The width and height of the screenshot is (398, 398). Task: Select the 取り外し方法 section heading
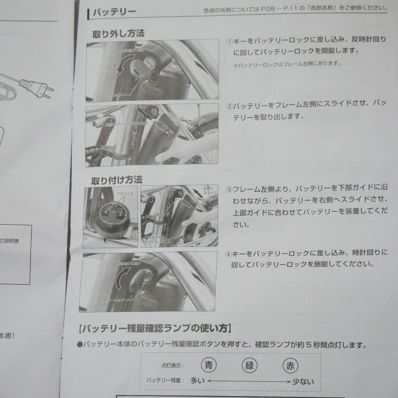click(x=118, y=33)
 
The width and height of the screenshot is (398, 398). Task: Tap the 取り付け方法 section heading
click(x=116, y=180)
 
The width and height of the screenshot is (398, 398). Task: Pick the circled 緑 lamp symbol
click(x=249, y=366)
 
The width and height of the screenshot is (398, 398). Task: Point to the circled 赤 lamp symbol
click(x=290, y=366)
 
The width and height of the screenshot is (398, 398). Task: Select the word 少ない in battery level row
click(x=303, y=381)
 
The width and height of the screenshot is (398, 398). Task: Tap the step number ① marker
click(x=229, y=41)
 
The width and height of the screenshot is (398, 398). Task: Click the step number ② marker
click(x=229, y=107)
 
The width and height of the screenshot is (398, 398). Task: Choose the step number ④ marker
click(x=229, y=254)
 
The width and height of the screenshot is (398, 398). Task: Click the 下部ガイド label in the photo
click(x=125, y=193)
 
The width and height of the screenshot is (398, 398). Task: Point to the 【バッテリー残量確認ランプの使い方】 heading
click(x=155, y=328)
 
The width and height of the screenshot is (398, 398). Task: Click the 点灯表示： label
click(x=173, y=366)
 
